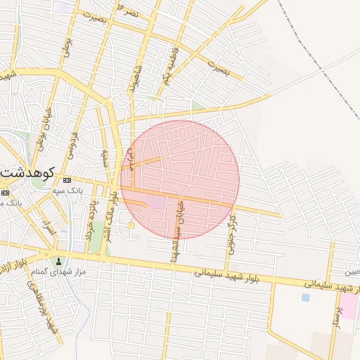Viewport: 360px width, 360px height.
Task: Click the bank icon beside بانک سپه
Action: tap(67, 180)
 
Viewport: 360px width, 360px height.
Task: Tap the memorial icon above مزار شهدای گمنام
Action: tap(58, 262)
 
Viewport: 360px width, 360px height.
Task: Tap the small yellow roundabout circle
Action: tap(130, 225)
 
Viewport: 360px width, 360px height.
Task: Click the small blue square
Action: tap(305, 297)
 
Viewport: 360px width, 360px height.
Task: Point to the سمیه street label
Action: tap(105, 156)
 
